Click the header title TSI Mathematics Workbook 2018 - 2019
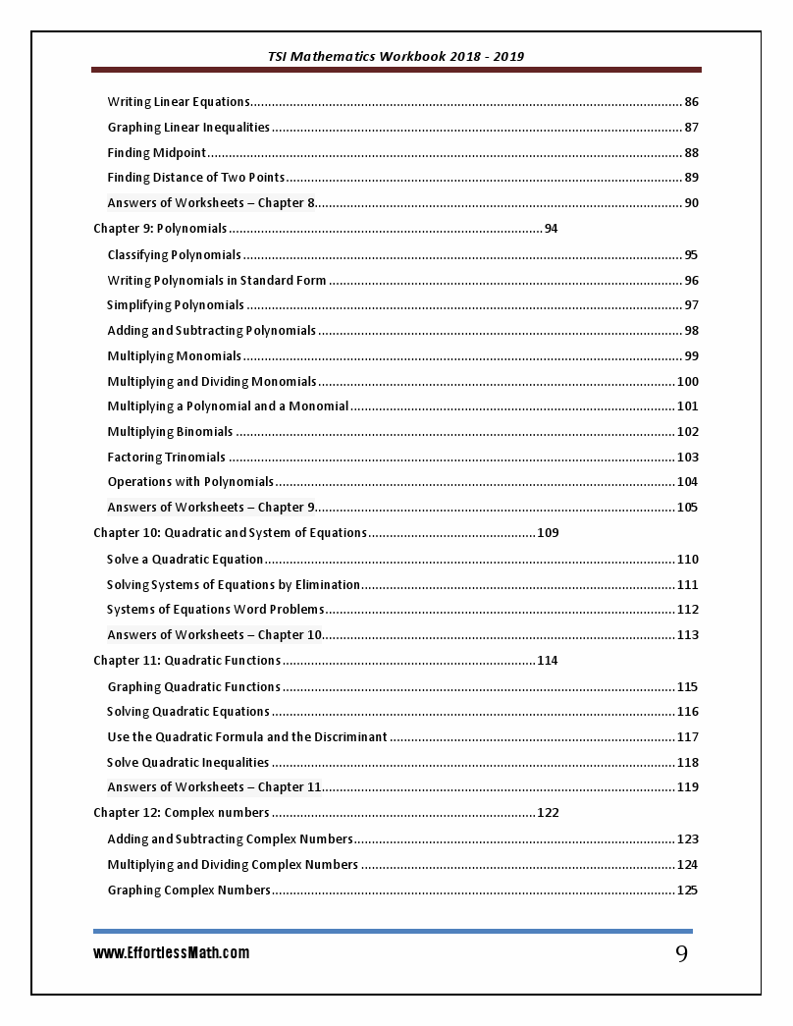pyautogui.click(x=396, y=56)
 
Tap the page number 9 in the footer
pyautogui.click(x=681, y=954)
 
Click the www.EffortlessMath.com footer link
pyautogui.click(x=171, y=953)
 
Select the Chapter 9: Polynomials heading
pyautogui.click(x=160, y=229)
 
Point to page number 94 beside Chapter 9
pyautogui.click(x=551, y=229)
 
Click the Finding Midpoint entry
pyautogui.click(x=156, y=153)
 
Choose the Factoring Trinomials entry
pyautogui.click(x=166, y=458)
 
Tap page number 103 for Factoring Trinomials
pyautogui.click(x=687, y=458)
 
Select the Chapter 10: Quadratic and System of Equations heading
pyautogui.click(x=230, y=533)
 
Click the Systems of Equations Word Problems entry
pyautogui.click(x=215, y=610)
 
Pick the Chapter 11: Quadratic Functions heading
pyautogui.click(x=186, y=661)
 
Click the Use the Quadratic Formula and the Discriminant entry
pyautogui.click(x=246, y=737)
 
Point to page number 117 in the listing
pyautogui.click(x=687, y=737)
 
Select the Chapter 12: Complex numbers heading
pyautogui.click(x=181, y=813)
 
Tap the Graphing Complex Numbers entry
pyautogui.click(x=188, y=891)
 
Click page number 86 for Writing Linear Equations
pyautogui.click(x=691, y=102)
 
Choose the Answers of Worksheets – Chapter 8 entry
pyautogui.click(x=211, y=203)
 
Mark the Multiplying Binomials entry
pyautogui.click(x=170, y=432)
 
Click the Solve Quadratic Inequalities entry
pyautogui.click(x=187, y=763)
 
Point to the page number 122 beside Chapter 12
pyautogui.click(x=548, y=813)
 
